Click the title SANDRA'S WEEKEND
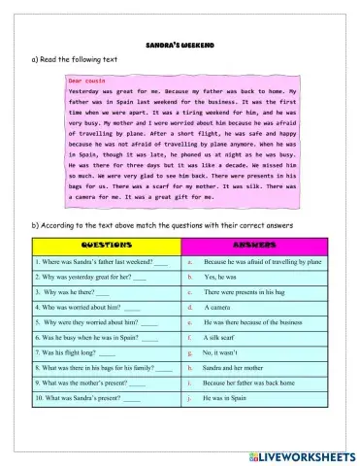(180, 45)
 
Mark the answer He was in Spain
(224, 397)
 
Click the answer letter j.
(190, 397)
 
